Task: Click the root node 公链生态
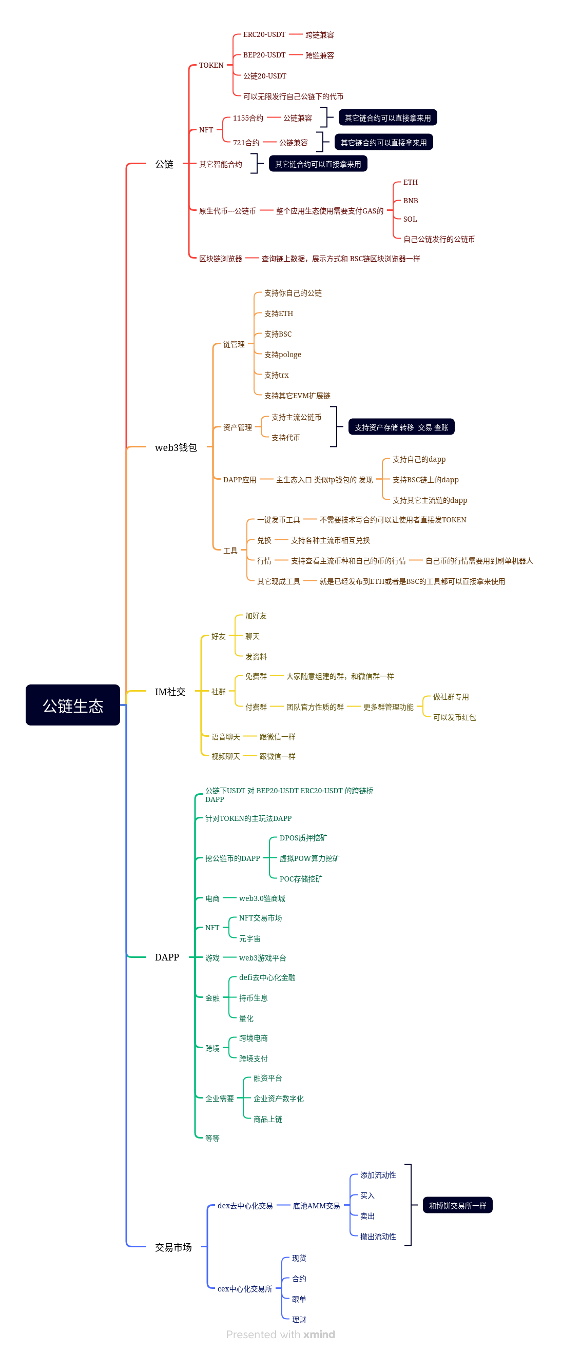pos(72,705)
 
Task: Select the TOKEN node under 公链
pos(210,65)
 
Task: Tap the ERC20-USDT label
pos(264,35)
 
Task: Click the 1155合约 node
pos(247,118)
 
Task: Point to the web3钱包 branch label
pos(176,447)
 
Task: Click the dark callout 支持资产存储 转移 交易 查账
pos(401,427)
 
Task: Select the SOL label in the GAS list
pos(410,219)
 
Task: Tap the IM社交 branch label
pos(170,692)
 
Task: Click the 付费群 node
pos(255,707)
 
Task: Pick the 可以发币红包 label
pos(454,717)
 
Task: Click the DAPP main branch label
pos(166,957)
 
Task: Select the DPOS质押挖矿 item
pos(302,838)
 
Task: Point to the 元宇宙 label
pos(249,938)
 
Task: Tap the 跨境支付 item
pos(253,1058)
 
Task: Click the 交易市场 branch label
pos(173,1247)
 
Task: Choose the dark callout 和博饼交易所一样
pos(457,1205)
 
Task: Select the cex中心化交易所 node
pos(244,1289)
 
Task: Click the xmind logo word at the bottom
pos(319,1334)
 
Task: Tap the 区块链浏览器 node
pos(220,259)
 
